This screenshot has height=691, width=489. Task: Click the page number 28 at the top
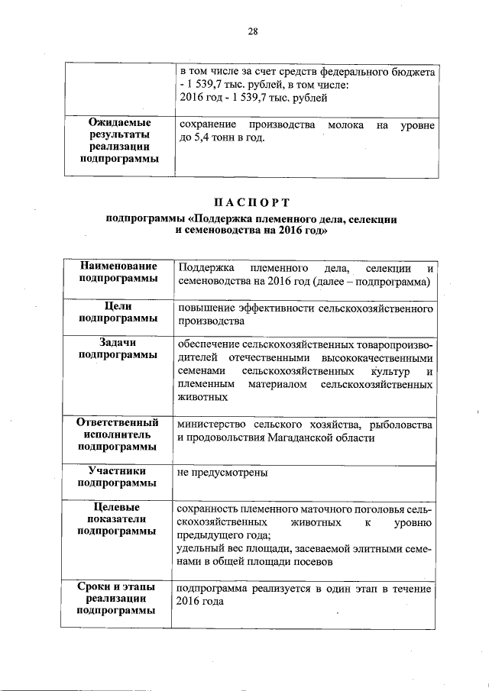pos(253,31)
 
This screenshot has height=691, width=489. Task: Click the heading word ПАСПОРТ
pos(252,202)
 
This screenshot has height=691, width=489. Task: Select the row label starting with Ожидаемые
pos(119,122)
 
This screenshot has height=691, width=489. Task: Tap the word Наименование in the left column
pos(119,266)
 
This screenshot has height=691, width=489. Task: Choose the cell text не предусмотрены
pos(222,473)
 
